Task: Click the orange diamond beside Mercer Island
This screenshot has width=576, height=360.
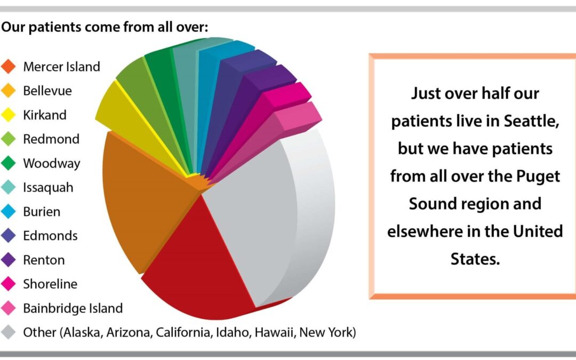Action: point(8,67)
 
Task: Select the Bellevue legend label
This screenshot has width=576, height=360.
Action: point(47,91)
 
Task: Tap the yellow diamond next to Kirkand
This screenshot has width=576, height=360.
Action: point(8,115)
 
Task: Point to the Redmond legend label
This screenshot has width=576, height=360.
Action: point(51,139)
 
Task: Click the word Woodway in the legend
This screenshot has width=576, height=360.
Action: point(51,164)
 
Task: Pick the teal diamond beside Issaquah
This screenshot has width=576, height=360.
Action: point(8,187)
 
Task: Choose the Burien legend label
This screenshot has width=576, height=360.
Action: point(42,212)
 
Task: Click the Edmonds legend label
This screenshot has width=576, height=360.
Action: point(50,236)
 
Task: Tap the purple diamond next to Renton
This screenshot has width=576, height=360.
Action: point(8,260)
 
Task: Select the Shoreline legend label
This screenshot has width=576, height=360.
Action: point(50,284)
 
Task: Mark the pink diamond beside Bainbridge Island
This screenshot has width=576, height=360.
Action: point(8,308)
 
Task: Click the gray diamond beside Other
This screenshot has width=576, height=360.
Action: point(8,332)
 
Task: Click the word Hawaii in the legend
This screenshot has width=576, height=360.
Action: point(275,332)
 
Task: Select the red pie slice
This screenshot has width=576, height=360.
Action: point(202,265)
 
